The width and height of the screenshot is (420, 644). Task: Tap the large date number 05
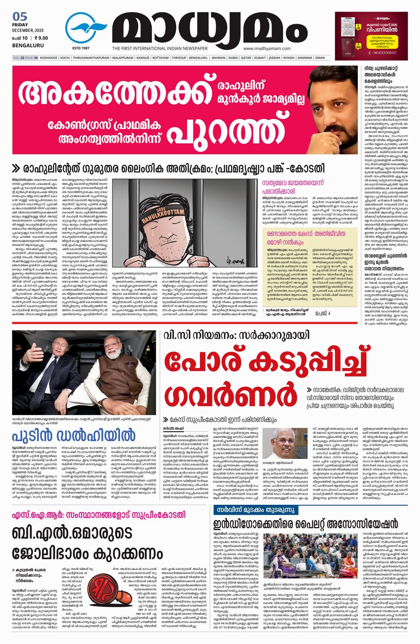click(x=20, y=17)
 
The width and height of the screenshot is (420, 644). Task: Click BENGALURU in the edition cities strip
click(x=198, y=58)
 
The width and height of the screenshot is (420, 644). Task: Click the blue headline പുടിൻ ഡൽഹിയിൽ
click(x=73, y=435)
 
